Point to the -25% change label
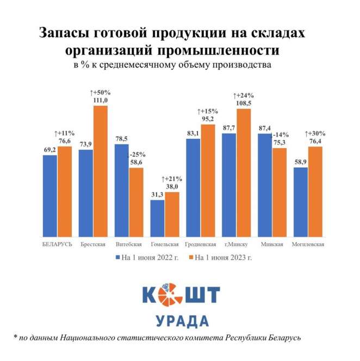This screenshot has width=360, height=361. (136, 154)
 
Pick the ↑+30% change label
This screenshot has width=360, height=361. (315, 133)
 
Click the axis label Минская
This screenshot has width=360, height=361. (272, 244)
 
